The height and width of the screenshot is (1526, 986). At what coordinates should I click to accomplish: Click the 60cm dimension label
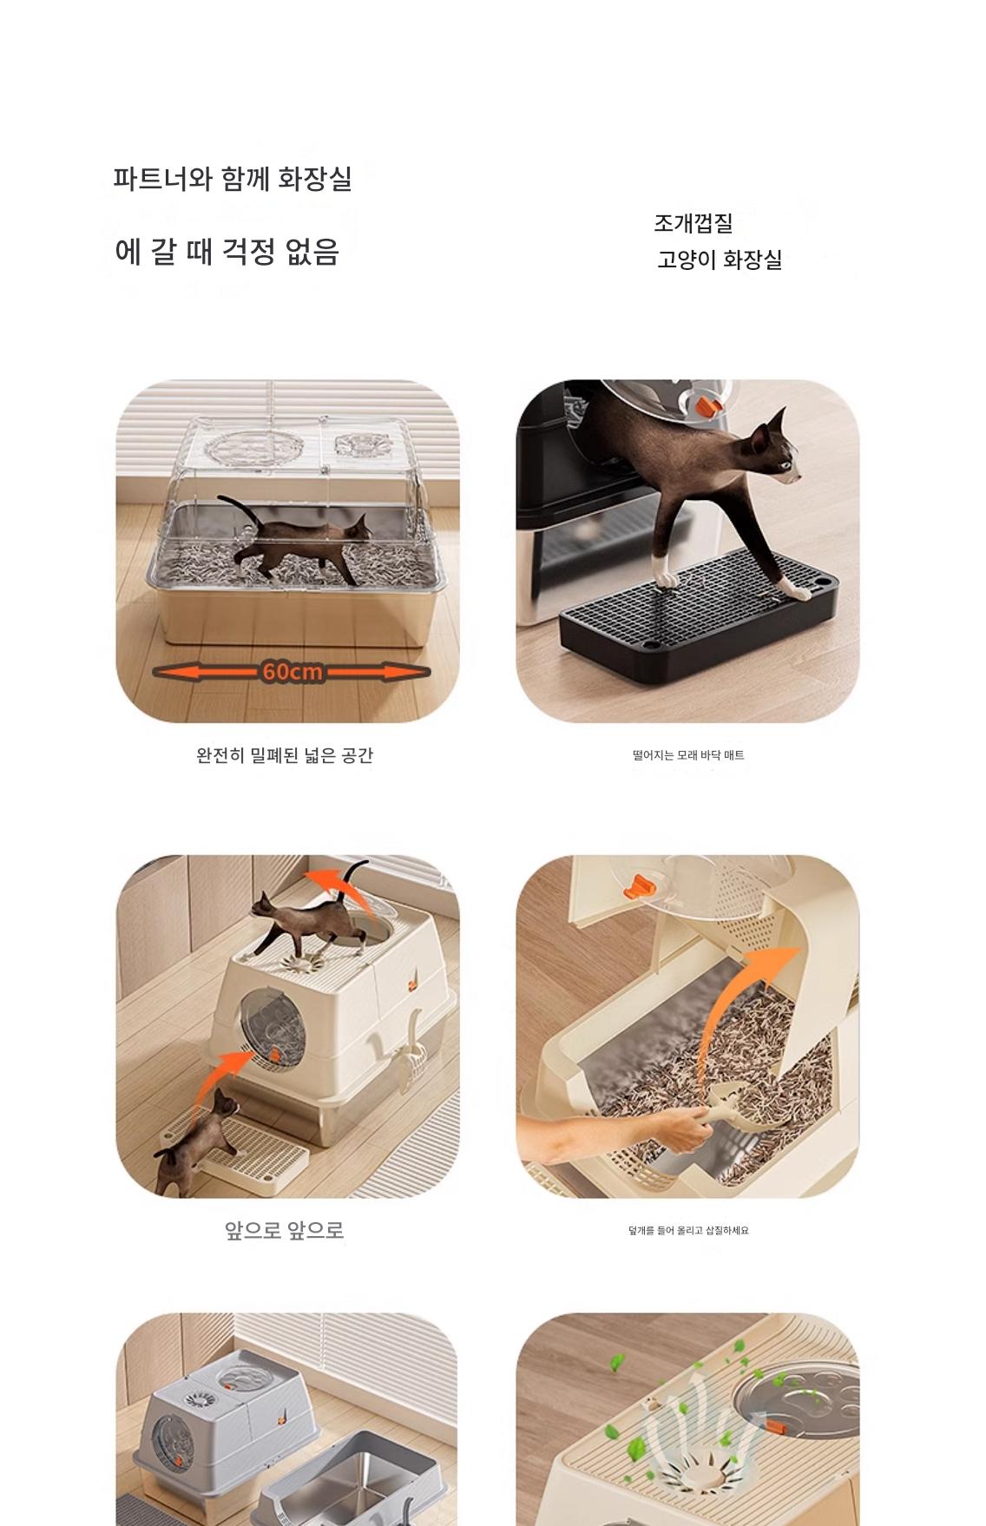point(292,672)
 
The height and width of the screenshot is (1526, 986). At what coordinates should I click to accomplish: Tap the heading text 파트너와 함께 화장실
point(233,179)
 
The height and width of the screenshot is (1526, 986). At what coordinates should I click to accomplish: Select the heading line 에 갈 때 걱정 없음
point(227,252)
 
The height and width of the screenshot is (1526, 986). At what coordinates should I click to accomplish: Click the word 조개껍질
point(693,223)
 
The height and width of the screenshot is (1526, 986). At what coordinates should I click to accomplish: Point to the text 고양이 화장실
point(720,260)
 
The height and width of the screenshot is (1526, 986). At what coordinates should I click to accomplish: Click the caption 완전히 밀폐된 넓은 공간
point(285,755)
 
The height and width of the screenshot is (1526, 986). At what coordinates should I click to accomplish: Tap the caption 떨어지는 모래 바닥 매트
point(688,755)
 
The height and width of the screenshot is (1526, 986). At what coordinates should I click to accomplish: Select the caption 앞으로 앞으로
point(285,1230)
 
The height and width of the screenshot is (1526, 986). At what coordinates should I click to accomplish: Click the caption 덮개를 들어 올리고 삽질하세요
point(688,1230)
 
